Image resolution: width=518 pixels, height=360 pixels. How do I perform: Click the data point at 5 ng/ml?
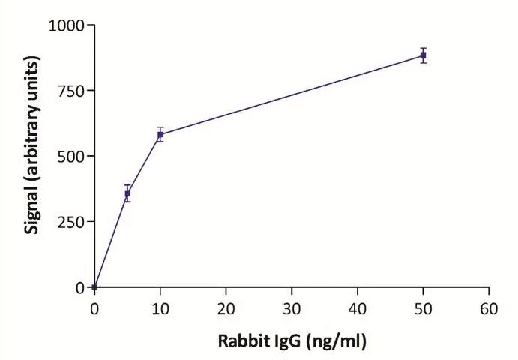(127, 193)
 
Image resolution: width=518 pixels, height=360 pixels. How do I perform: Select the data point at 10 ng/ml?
(160, 135)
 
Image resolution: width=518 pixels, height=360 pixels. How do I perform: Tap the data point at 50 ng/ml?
(424, 55)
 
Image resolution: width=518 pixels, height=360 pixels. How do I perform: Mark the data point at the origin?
(94, 286)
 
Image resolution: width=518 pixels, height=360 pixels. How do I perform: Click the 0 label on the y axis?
(80, 287)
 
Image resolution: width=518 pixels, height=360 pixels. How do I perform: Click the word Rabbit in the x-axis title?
(241, 340)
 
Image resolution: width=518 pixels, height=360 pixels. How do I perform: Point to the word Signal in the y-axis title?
(33, 211)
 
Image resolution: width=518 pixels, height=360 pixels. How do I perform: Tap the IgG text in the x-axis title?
(285, 340)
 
